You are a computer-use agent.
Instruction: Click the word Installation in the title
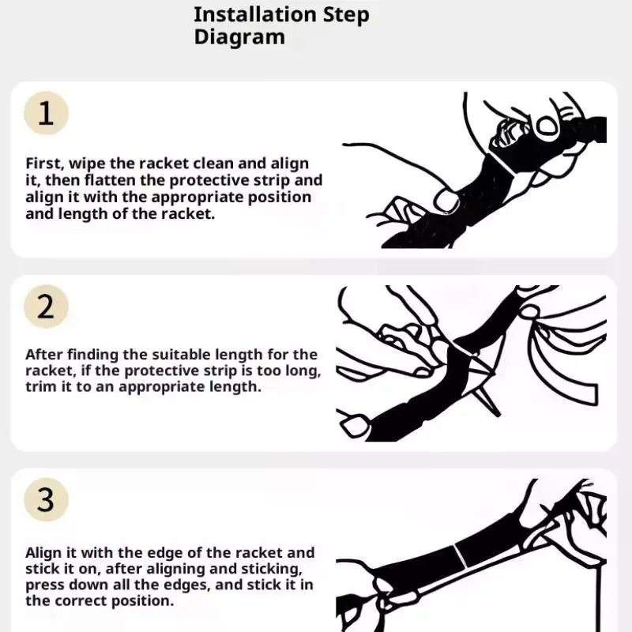click(x=254, y=14)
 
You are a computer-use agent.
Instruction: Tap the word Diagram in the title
click(x=239, y=37)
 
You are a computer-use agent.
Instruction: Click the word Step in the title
click(x=346, y=16)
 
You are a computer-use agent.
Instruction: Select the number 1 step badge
click(x=46, y=113)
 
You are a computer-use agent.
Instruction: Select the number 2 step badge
click(x=46, y=307)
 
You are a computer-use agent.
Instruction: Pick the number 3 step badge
click(x=46, y=500)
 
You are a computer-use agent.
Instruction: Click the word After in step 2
click(x=44, y=355)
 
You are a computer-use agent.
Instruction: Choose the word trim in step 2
click(x=41, y=386)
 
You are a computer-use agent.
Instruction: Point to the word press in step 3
click(x=45, y=585)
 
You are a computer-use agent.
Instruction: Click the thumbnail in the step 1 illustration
click(x=446, y=201)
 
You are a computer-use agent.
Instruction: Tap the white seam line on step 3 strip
click(x=461, y=556)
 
